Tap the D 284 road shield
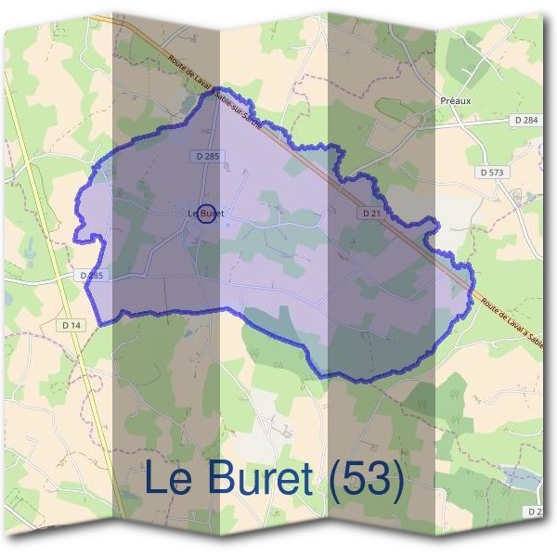[525, 120]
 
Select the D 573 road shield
[492, 173]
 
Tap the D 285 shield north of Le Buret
[207, 157]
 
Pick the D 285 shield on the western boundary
[90, 276]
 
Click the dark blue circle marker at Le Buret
[207, 214]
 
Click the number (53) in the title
[364, 479]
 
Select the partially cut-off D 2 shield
[535, 512]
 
